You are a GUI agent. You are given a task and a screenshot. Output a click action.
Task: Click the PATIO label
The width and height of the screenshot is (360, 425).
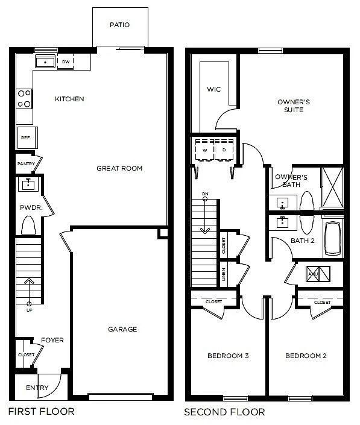[x=119, y=25]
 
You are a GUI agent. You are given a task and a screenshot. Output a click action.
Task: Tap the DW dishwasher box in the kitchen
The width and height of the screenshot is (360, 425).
[x=66, y=61]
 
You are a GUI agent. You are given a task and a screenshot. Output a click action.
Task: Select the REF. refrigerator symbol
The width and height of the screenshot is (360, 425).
[x=26, y=137]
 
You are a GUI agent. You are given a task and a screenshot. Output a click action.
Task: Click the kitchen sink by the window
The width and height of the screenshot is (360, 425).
[x=45, y=61]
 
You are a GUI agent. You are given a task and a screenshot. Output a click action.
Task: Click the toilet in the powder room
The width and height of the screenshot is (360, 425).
[x=28, y=225]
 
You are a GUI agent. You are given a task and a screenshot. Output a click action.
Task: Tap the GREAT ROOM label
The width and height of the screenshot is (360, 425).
[x=119, y=168]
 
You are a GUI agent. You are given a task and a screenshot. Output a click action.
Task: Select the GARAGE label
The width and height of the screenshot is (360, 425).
[x=122, y=329]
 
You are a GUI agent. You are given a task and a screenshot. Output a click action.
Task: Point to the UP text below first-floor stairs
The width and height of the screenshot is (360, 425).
[x=29, y=310]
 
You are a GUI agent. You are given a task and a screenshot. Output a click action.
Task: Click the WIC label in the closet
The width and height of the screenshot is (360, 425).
[x=213, y=90]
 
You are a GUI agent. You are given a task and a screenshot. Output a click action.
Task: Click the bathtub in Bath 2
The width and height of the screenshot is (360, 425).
[x=333, y=238]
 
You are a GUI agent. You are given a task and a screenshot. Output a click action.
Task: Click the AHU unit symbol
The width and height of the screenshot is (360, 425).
[x=317, y=273]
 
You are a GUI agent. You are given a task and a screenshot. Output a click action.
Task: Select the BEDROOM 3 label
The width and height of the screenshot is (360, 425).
[x=228, y=356]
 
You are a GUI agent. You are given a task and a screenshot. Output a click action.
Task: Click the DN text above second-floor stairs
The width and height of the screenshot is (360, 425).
[x=205, y=194]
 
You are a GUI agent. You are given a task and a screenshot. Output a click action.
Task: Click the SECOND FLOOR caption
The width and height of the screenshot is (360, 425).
[x=224, y=412]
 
